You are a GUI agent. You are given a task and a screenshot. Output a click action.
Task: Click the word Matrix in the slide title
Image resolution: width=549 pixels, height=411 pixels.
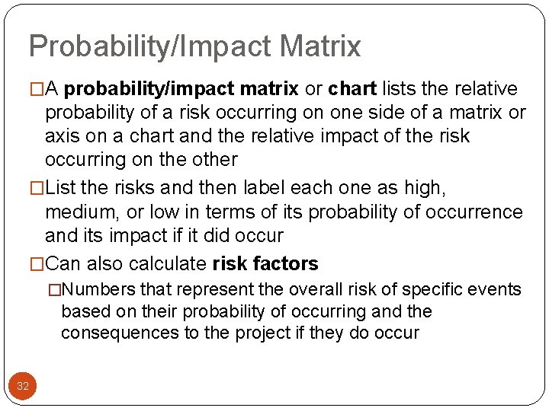pyautogui.click(x=320, y=46)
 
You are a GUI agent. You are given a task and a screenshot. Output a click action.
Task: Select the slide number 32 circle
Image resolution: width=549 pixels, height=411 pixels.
pyautogui.click(x=23, y=386)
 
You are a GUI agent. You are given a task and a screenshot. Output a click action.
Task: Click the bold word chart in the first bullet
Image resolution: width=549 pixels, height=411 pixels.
pyautogui.click(x=352, y=89)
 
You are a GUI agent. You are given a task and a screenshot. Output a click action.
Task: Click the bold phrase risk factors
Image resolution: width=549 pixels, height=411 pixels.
pyautogui.click(x=265, y=264)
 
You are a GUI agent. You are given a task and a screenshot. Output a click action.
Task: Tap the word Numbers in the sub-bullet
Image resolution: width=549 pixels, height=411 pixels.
pyautogui.click(x=98, y=290)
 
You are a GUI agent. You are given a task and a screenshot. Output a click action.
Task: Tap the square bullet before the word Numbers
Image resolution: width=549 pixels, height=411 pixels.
pyautogui.click(x=54, y=290)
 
